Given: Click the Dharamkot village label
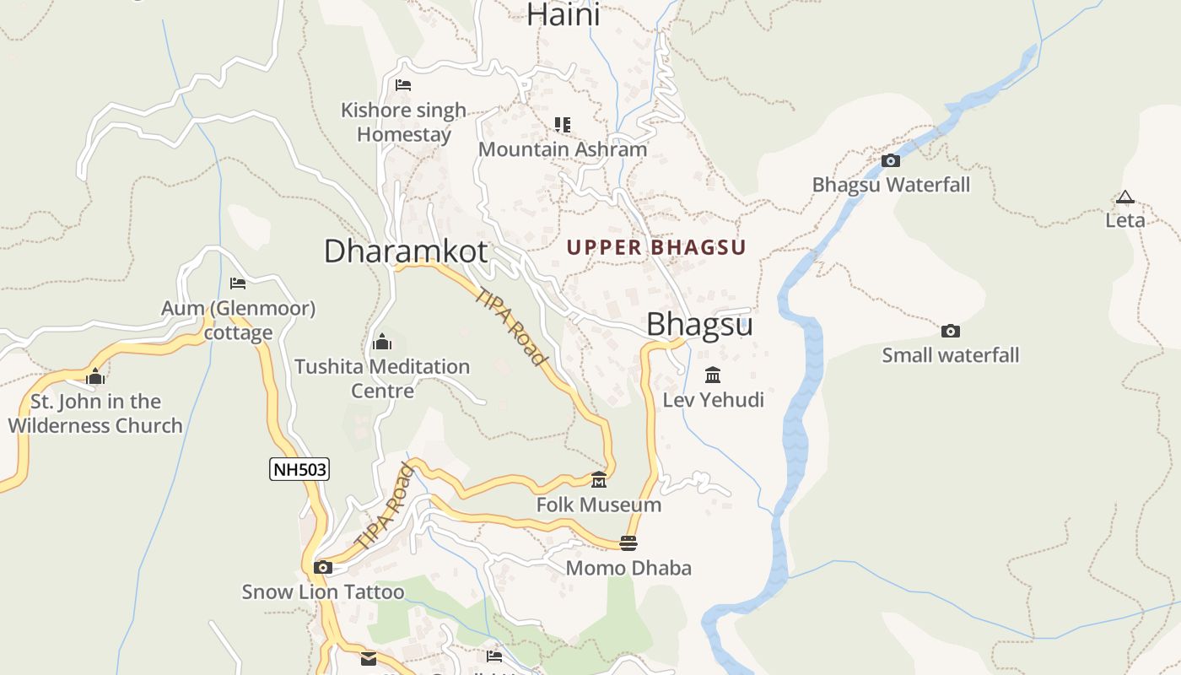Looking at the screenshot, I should [406, 251].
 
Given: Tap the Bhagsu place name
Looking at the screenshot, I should [699, 325].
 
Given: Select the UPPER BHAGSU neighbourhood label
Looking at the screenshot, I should [656, 247].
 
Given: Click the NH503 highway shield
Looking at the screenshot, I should [299, 469].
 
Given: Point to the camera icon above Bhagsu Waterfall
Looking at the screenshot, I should [890, 160].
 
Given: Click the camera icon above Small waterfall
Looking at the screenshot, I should [950, 331].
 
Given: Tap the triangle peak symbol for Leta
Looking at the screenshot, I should [1124, 197].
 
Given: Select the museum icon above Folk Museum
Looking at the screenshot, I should [599, 480].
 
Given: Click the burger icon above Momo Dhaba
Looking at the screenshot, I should [628, 543].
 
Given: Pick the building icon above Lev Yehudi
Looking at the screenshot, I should [713, 375].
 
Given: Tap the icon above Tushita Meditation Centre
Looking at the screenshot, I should [381, 342].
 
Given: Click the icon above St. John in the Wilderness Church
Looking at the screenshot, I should [95, 376].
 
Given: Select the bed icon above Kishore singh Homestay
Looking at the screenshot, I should [403, 85].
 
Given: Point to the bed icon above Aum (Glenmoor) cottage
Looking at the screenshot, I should [238, 283].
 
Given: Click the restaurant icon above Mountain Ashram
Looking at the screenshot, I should [563, 125].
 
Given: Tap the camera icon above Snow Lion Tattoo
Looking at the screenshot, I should [322, 567].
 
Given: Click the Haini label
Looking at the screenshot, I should [564, 14].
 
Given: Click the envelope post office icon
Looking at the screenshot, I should [369, 659].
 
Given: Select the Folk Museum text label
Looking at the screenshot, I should [599, 505].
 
